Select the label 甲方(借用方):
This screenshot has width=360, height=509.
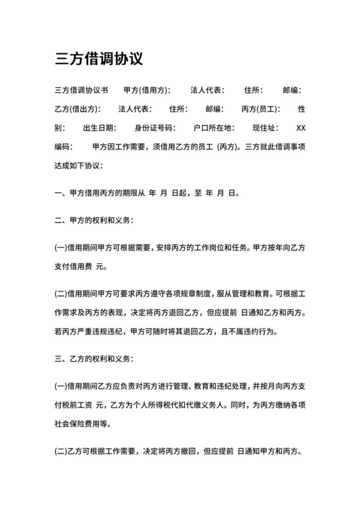(147, 90)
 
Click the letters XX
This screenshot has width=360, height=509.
(300, 127)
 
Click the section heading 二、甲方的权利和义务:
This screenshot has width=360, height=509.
(94, 220)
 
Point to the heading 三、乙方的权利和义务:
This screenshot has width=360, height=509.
(94, 359)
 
